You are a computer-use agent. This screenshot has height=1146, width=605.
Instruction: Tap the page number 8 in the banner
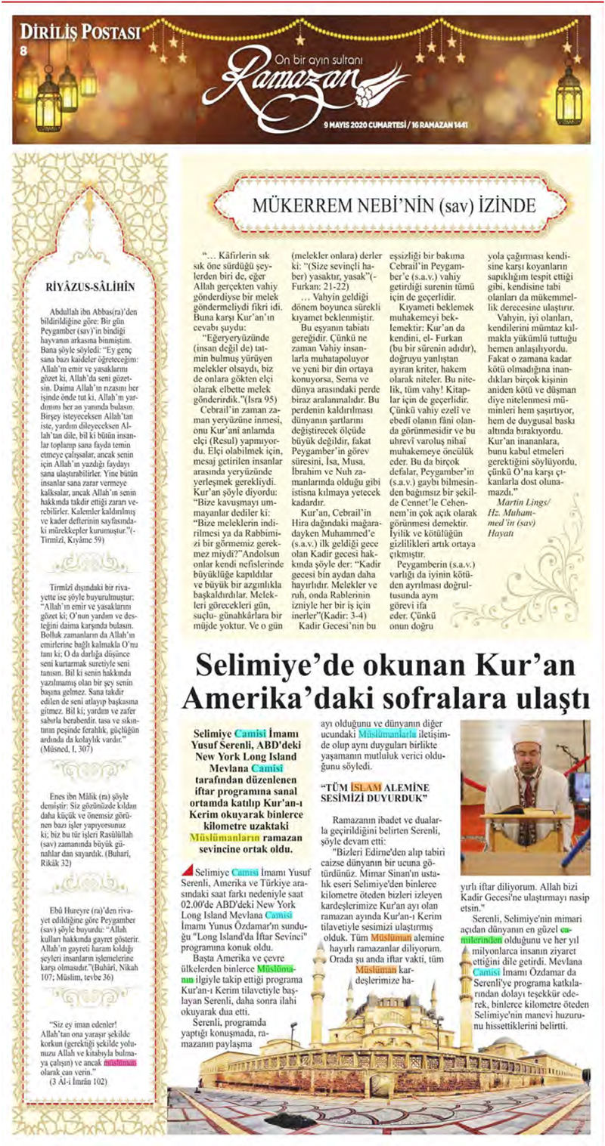(x=23, y=51)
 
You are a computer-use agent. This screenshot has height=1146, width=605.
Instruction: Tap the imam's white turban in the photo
(x=523, y=737)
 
